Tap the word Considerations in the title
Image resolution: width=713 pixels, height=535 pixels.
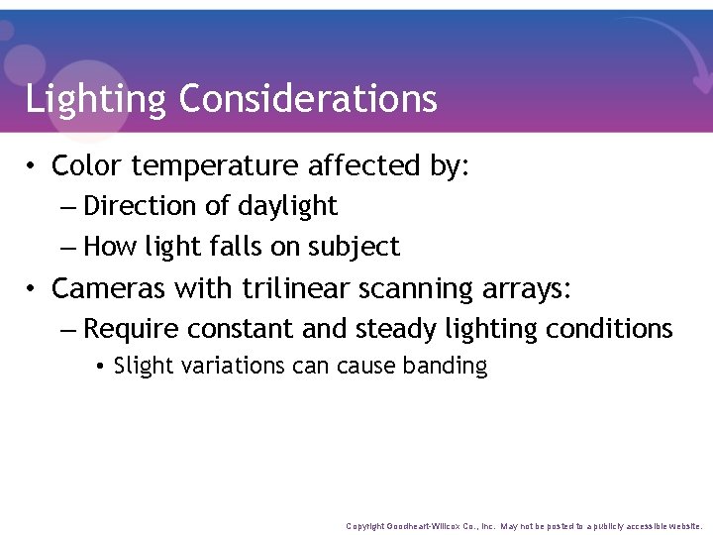(x=308, y=98)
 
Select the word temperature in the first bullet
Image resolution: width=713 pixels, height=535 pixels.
(x=209, y=166)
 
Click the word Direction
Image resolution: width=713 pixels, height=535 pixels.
(x=140, y=206)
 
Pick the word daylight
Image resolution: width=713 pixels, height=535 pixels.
(x=288, y=207)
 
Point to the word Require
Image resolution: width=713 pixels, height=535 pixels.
(x=134, y=329)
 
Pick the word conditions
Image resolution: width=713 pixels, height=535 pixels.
(x=610, y=329)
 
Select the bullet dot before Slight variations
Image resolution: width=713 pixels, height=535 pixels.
(x=101, y=367)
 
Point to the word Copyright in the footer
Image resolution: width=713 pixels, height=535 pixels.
(x=365, y=526)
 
